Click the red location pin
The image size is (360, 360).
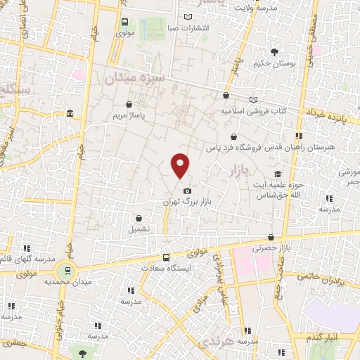[x=181, y=165]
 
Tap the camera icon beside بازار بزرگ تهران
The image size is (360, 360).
[x=186, y=191]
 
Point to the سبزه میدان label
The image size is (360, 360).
[x=134, y=77]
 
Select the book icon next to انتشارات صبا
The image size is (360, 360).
[x=188, y=17]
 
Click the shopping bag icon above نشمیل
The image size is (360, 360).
[x=140, y=219]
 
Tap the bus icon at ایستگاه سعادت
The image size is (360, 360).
[x=166, y=257]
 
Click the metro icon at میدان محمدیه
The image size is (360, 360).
[x=65, y=270]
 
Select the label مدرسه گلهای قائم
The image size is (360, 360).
[x=29, y=258]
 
